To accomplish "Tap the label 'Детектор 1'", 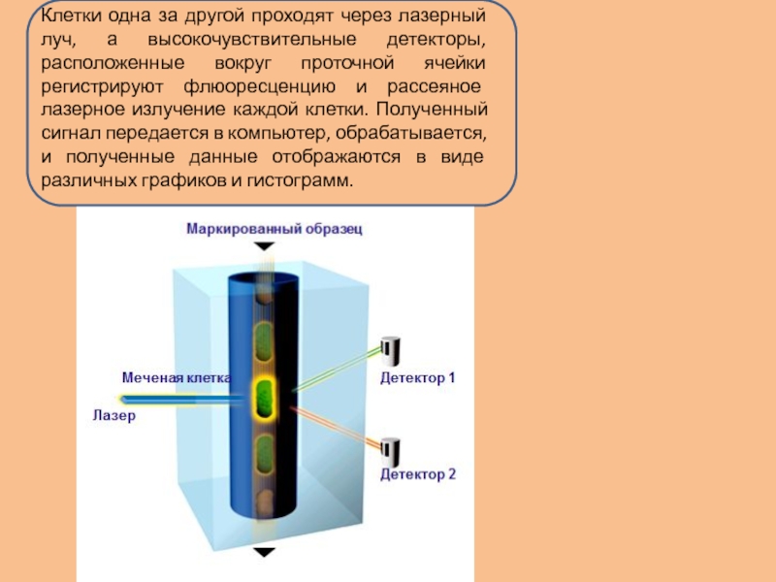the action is [x=417, y=378].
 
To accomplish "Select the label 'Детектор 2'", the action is [x=417, y=474].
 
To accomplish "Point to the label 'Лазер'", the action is [x=113, y=415].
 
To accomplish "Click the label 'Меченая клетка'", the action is [x=176, y=376].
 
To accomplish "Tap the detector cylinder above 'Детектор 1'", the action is [x=392, y=348].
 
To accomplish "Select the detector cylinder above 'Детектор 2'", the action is [x=391, y=450].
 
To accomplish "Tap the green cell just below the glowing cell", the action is [x=264, y=453].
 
